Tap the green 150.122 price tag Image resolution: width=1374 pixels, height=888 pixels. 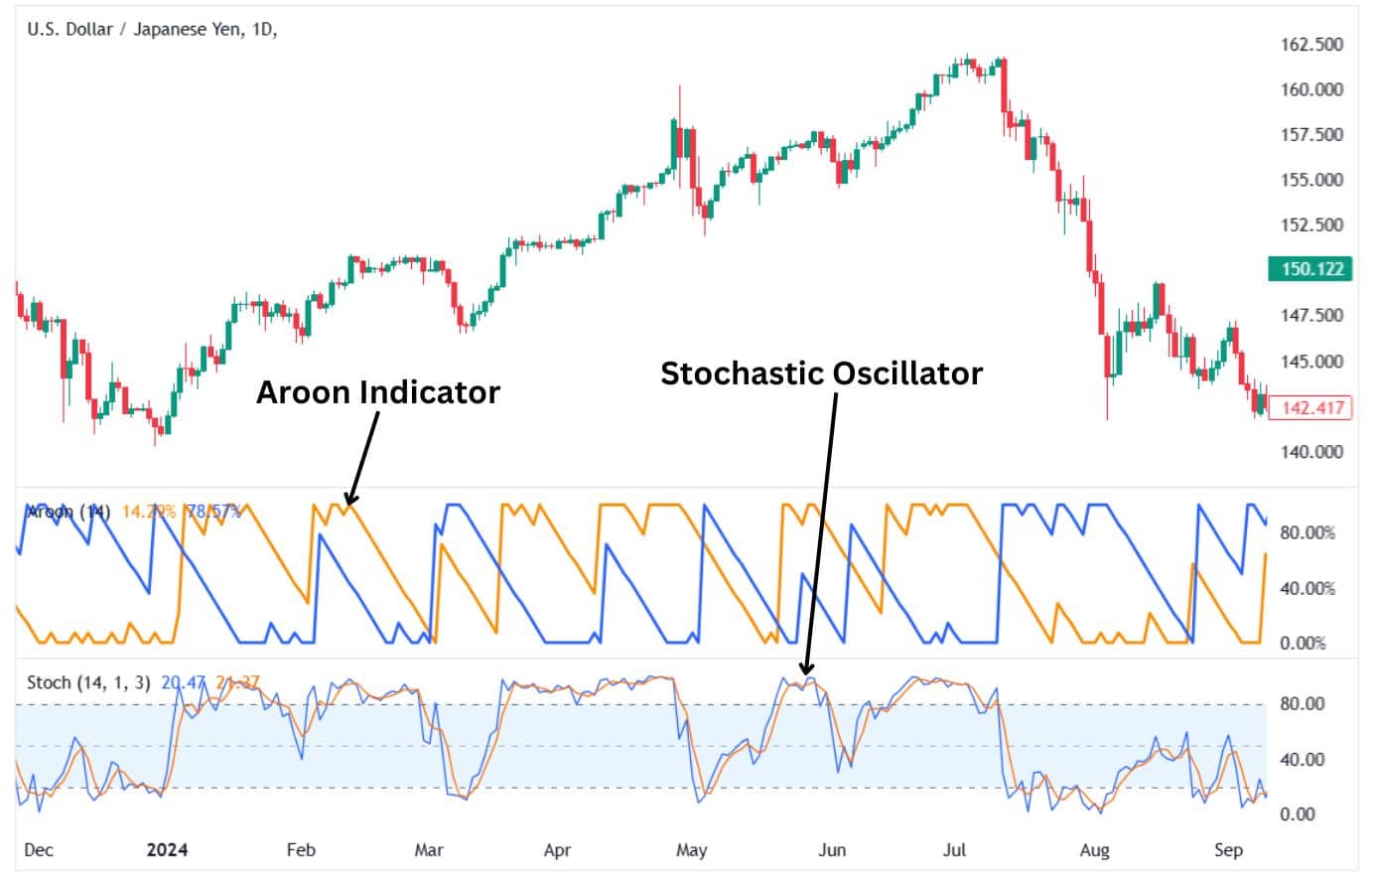[x=1311, y=269]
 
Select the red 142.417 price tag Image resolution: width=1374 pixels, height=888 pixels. [x=1311, y=407]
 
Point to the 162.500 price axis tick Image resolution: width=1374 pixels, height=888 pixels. [x=1311, y=45]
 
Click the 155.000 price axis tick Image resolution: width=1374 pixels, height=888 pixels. [x=1311, y=180]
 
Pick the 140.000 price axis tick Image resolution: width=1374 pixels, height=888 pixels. [x=1311, y=452]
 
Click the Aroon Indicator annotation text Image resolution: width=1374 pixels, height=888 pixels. [x=378, y=392]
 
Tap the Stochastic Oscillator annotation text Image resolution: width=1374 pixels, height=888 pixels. [x=821, y=373]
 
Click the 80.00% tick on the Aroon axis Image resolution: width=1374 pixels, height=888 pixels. [x=1307, y=532]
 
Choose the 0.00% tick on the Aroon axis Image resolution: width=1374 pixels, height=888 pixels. [x=1303, y=643]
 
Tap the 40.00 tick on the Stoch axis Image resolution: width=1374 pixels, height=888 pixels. [x=1301, y=759]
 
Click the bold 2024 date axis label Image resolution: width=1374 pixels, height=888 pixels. [x=167, y=849]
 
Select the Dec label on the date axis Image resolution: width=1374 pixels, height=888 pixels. [x=39, y=849]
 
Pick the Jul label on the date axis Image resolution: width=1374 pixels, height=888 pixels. [x=954, y=849]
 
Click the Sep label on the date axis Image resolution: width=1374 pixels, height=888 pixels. [x=1228, y=849]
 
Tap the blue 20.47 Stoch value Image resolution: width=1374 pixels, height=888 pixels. [x=184, y=682]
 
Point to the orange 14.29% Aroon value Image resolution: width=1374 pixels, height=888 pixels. [x=149, y=512]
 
